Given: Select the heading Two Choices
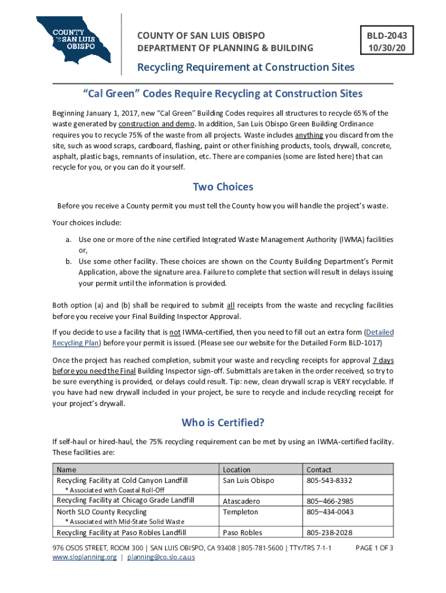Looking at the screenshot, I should tap(223, 187).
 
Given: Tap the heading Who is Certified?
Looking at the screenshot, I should tap(223, 422).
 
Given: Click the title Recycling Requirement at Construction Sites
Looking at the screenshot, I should tap(246, 67).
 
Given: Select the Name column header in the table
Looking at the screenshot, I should tap(66, 470).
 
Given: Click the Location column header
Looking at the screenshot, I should tap(236, 470).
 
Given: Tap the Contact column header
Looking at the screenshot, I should tap(319, 470).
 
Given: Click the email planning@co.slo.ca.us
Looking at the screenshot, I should tap(161, 557).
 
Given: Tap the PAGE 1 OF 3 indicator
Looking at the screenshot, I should tap(374, 547).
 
